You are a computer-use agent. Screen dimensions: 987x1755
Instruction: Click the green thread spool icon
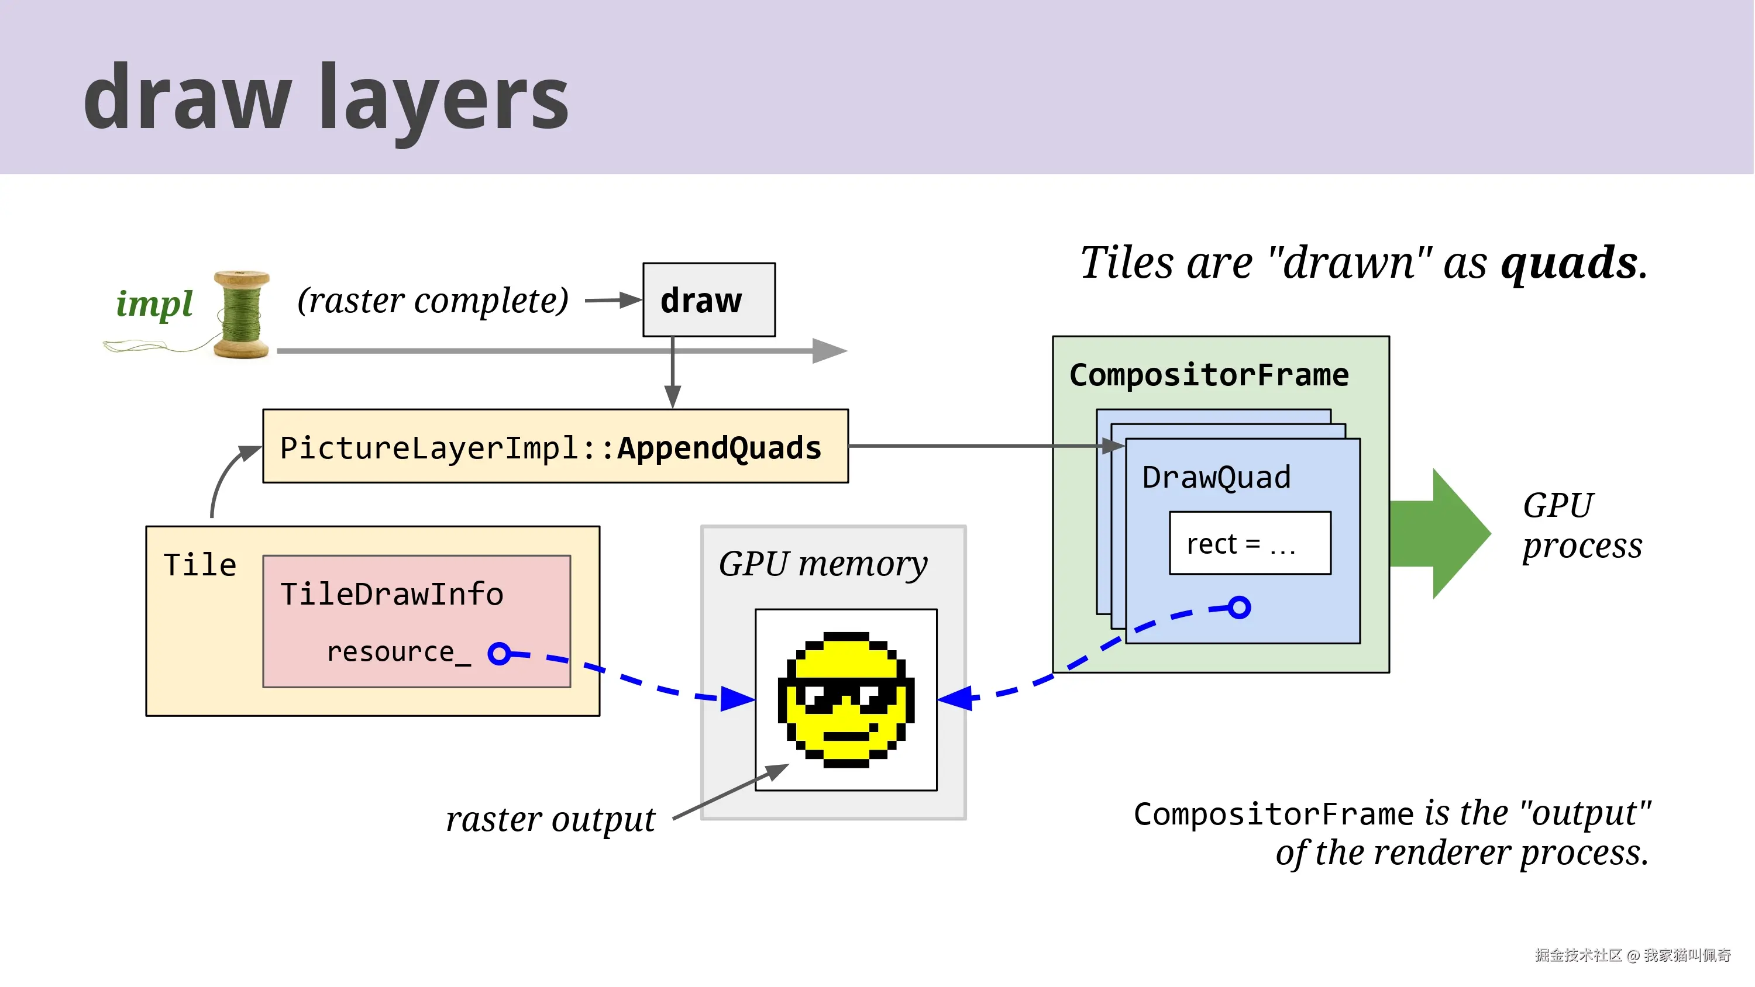pos(241,314)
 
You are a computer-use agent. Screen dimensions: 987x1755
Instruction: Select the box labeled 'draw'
pos(708,300)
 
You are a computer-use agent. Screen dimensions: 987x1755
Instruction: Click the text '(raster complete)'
pos(433,300)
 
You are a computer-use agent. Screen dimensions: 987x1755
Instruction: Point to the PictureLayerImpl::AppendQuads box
pos(555,447)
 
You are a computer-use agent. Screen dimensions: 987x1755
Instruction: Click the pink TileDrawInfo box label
pos(392,594)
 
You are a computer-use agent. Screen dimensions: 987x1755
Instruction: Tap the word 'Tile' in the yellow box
pos(199,565)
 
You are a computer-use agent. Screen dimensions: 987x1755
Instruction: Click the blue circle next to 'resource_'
pos(500,654)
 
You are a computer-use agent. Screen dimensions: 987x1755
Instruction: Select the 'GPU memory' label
pos(823,564)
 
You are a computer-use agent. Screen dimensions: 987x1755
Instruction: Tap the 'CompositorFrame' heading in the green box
pos(1209,375)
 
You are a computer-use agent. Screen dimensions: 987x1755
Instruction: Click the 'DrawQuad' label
pos(1216,477)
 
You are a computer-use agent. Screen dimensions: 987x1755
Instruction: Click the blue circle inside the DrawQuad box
pos(1239,607)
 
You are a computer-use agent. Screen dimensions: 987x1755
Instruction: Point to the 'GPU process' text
pos(1581,525)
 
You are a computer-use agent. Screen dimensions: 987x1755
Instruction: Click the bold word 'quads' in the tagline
pos(1569,263)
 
